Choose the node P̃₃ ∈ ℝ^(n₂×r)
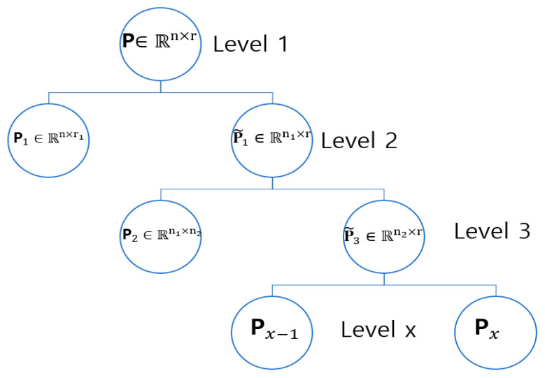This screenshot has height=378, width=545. click(x=384, y=235)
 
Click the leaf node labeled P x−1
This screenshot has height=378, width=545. click(x=272, y=330)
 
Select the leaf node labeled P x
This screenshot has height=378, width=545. click(x=496, y=330)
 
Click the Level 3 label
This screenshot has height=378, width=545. click(x=492, y=231)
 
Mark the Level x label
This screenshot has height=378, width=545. click(x=378, y=330)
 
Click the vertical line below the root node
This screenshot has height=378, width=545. click(x=161, y=86)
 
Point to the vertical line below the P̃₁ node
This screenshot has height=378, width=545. click(x=273, y=182)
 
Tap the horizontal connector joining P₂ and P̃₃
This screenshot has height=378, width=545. click(x=272, y=189)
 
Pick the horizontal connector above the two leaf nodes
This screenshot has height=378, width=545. click(x=384, y=284)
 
